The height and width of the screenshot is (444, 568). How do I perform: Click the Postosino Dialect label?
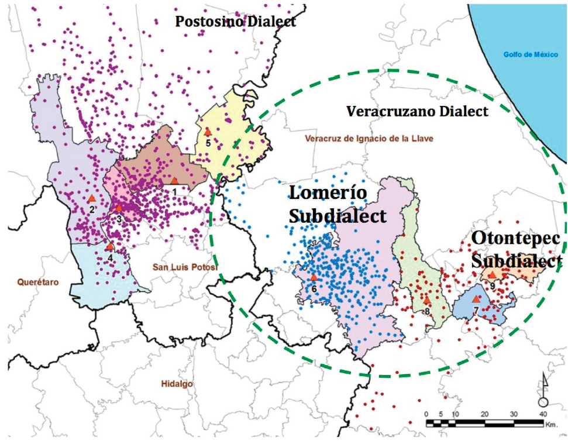(x=236, y=22)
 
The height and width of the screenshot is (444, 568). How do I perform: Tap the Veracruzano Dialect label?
(x=416, y=111)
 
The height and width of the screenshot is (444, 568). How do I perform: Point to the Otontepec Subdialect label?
(x=516, y=249)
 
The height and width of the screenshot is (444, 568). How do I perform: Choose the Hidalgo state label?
(x=176, y=384)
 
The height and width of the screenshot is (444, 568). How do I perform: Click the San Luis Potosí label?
(x=185, y=267)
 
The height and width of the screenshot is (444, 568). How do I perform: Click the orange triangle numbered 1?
(x=174, y=181)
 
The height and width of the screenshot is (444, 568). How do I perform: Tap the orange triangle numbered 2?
(x=91, y=199)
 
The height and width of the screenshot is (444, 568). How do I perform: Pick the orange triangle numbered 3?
(x=119, y=208)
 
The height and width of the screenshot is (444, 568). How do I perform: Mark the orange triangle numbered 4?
(x=109, y=246)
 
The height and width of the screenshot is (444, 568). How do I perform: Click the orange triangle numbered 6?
(x=314, y=277)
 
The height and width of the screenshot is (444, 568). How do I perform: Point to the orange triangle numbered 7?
(x=476, y=298)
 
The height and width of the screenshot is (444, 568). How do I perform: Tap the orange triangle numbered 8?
(x=427, y=300)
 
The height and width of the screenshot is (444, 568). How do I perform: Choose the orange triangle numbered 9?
(x=493, y=274)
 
